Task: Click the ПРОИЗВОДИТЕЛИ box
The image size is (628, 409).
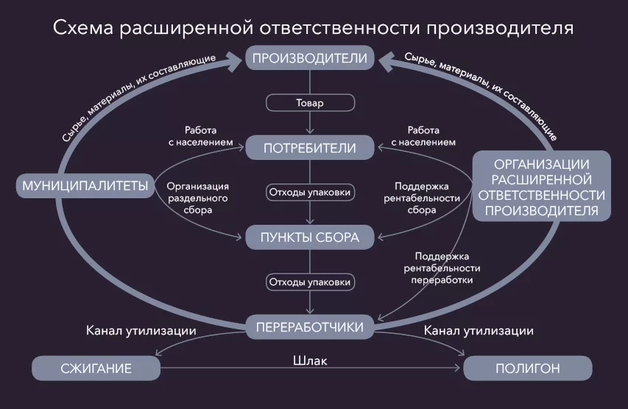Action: pyautogui.click(x=310, y=57)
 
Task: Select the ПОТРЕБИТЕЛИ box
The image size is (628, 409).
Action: pyautogui.click(x=310, y=148)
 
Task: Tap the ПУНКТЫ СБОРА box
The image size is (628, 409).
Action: pyautogui.click(x=310, y=237)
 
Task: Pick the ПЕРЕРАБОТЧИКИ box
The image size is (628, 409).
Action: pyautogui.click(x=310, y=327)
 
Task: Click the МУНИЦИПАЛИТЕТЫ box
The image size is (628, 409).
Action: pyautogui.click(x=85, y=186)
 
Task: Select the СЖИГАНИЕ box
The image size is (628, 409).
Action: pyautogui.click(x=96, y=368)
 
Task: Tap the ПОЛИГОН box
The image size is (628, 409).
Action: pyautogui.click(x=527, y=368)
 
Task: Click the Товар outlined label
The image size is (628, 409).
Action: pyautogui.click(x=310, y=102)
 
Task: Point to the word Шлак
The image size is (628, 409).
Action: pyautogui.click(x=310, y=361)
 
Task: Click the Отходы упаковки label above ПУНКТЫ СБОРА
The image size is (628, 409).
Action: pyautogui.click(x=310, y=192)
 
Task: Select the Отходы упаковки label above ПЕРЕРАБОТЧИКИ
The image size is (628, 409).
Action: pyautogui.click(x=310, y=282)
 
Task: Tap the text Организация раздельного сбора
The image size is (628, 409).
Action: pyautogui.click(x=198, y=198)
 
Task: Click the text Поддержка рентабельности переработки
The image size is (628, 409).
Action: pyautogui.click(x=442, y=268)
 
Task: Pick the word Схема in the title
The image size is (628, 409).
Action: pyautogui.click(x=83, y=28)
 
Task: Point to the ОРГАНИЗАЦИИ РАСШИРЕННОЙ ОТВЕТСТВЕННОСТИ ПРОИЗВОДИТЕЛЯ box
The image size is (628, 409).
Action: pyautogui.click(x=541, y=186)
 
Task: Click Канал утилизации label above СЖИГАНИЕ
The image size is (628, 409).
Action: pyautogui.click(x=141, y=331)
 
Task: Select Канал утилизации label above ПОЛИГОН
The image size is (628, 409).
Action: pyautogui.click(x=479, y=331)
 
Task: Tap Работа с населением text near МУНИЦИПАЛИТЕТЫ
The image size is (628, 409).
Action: pyautogui.click(x=201, y=136)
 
